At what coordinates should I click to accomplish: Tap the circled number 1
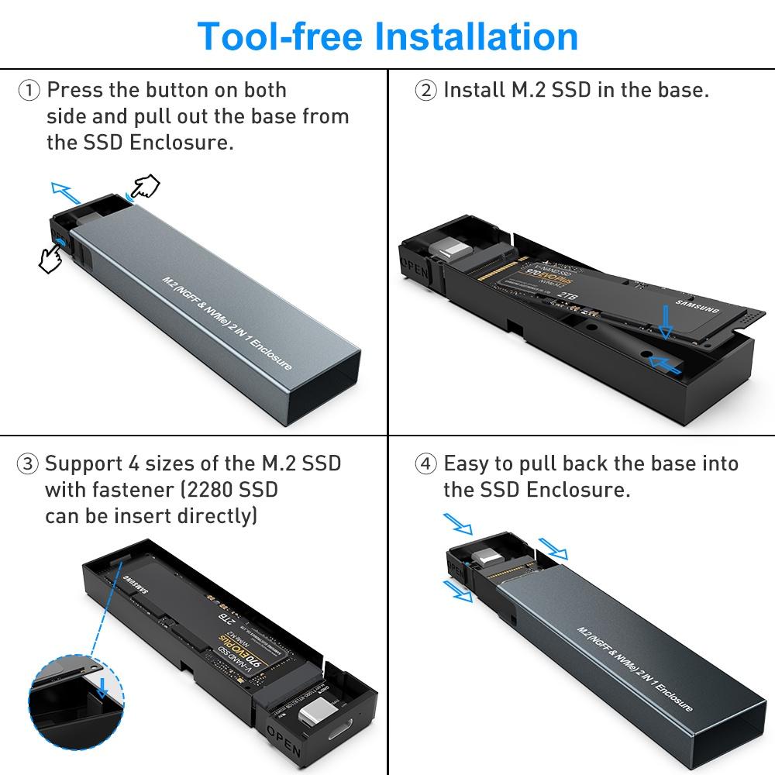coord(29,91)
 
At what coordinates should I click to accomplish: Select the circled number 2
coord(426,91)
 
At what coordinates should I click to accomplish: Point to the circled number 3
coord(28,465)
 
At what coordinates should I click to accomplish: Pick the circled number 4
coord(426,465)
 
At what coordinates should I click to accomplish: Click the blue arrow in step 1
coord(66,190)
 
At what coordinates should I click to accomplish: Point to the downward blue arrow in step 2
coord(663,321)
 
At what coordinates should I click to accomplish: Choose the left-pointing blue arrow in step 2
coord(666,361)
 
